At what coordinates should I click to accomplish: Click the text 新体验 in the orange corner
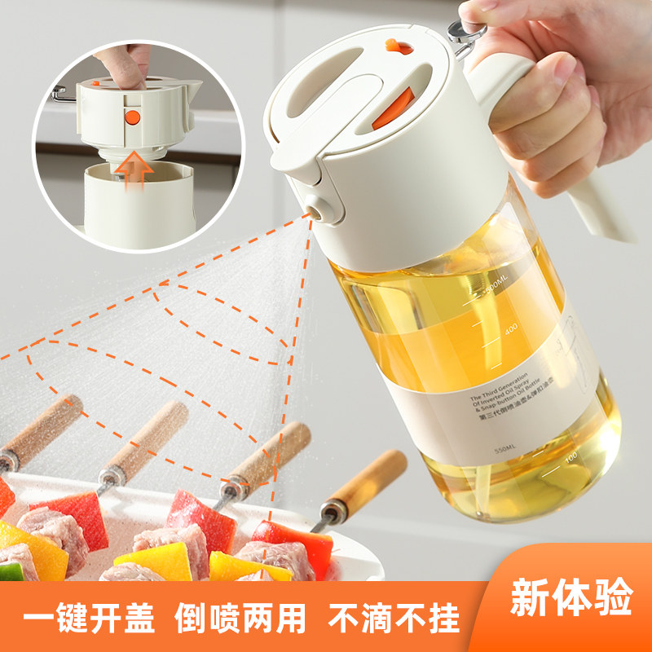pos(570,601)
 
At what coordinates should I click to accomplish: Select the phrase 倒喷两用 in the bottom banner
pos(241,619)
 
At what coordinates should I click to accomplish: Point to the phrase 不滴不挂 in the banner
pos(394,619)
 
